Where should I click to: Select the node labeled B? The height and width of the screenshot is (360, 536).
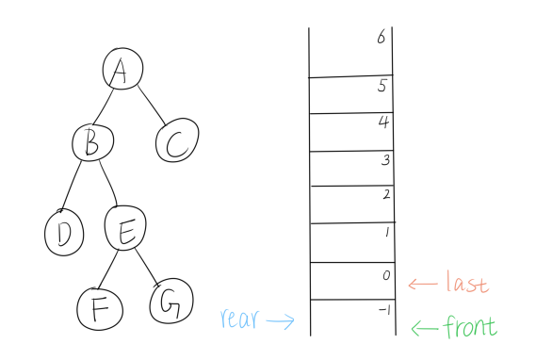pyautogui.click(x=92, y=142)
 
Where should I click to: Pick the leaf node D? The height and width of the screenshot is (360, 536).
pyautogui.click(x=65, y=233)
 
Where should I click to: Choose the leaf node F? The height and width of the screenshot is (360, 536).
pyautogui.click(x=99, y=306)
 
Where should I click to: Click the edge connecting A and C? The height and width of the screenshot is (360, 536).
pyautogui.click(x=151, y=105)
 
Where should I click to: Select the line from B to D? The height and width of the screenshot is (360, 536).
pyautogui.click(x=77, y=187)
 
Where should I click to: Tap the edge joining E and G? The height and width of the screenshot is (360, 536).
pyautogui.click(x=148, y=264)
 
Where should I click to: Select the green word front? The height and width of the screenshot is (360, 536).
pyautogui.click(x=470, y=327)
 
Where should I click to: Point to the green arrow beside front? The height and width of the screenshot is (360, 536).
pyautogui.click(x=426, y=328)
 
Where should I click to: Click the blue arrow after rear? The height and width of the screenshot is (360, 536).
pyautogui.click(x=280, y=320)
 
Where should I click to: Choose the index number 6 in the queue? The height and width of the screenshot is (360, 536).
pyautogui.click(x=380, y=38)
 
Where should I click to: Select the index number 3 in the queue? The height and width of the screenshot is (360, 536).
pyautogui.click(x=383, y=161)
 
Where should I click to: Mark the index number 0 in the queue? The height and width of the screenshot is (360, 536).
pyautogui.click(x=383, y=275)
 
